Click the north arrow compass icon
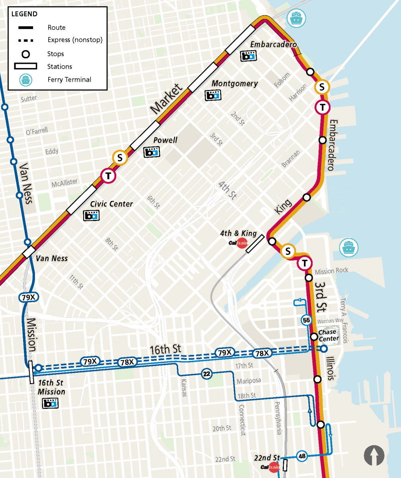point(374,455)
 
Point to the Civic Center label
point(111,204)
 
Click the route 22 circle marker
point(206,374)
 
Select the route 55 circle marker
point(306,320)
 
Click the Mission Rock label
point(331,271)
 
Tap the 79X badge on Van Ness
point(27,297)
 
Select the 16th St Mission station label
point(51,387)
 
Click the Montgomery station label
point(235,84)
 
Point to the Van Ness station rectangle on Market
point(29,252)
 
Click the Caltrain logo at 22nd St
point(273,467)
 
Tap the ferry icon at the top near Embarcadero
point(297,18)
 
